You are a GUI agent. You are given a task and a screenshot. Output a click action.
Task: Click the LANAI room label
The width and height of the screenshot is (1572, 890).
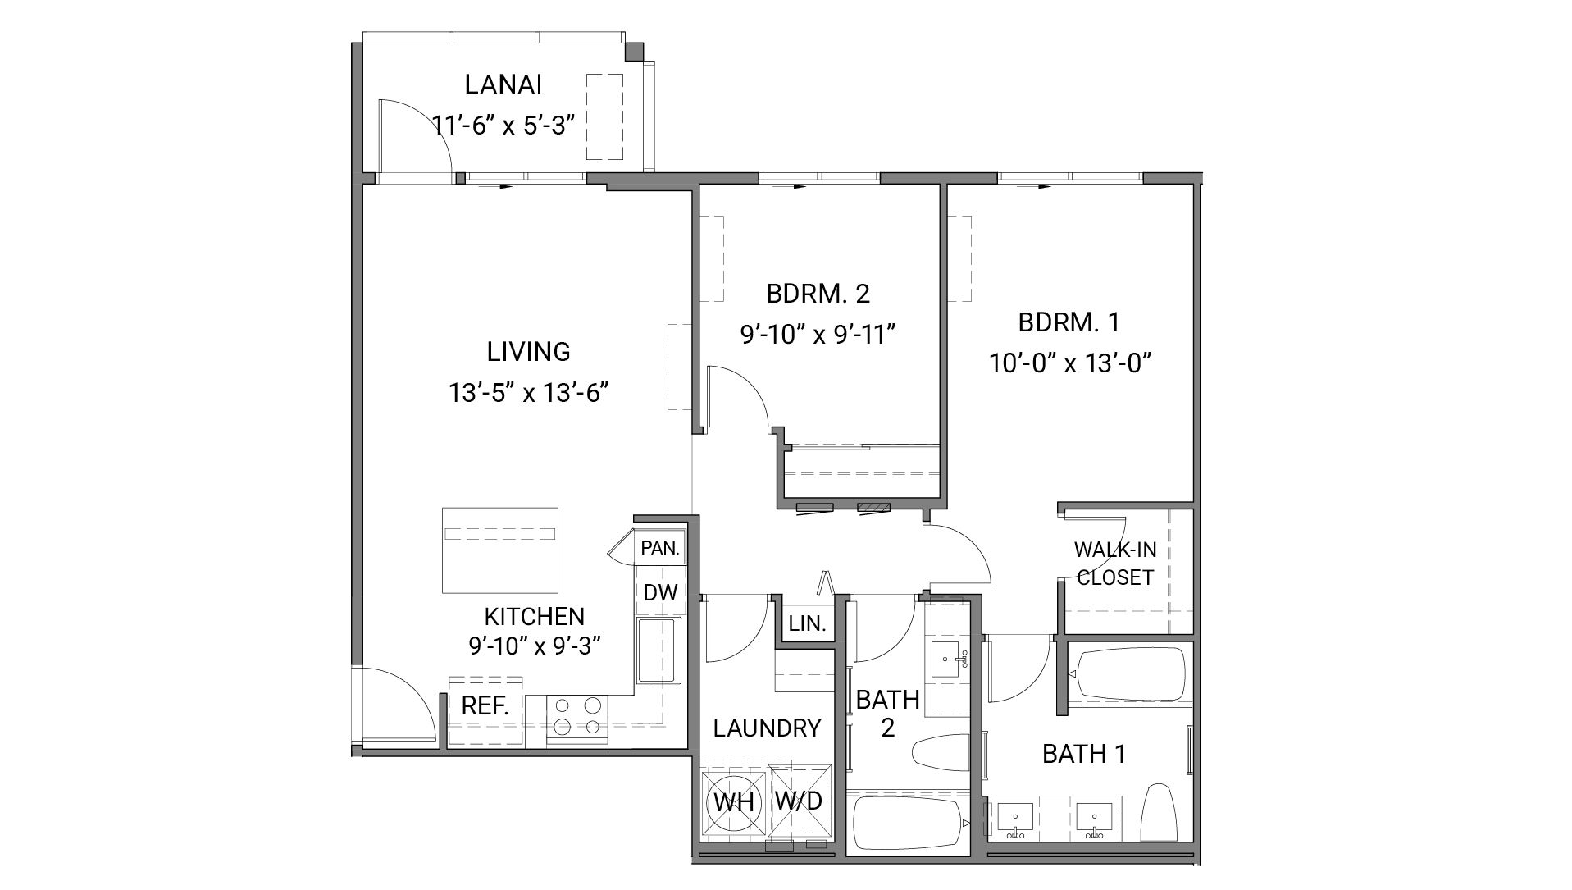(x=503, y=84)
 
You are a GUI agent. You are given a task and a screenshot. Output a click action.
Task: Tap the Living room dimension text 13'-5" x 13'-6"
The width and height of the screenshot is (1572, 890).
(x=528, y=393)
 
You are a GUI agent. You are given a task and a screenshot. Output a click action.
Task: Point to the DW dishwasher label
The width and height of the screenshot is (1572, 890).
(x=659, y=592)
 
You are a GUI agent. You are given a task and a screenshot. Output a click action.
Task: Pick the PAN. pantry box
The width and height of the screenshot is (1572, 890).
(x=660, y=548)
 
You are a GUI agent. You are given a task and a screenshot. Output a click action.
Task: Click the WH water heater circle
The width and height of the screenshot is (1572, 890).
(x=733, y=801)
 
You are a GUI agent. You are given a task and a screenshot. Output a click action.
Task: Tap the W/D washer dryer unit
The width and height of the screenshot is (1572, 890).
(x=799, y=801)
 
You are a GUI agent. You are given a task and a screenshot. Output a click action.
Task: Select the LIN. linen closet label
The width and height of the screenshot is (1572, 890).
(x=807, y=623)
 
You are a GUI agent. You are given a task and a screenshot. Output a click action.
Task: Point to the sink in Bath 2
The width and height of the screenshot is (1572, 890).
(x=950, y=658)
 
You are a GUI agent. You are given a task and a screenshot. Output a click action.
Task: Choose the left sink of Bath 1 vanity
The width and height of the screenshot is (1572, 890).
(x=1018, y=818)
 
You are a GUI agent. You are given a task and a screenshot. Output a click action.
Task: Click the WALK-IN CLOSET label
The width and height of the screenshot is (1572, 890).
(x=1114, y=564)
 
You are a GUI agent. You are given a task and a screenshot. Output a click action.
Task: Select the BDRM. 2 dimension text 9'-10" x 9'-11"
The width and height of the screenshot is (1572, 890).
(x=817, y=335)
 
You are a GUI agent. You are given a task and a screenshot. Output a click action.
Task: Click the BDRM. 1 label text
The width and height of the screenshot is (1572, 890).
(x=1069, y=322)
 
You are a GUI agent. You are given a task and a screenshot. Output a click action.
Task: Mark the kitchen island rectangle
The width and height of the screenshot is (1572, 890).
(x=499, y=550)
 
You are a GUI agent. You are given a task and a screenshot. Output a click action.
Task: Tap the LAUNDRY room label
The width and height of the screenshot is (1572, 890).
(x=767, y=728)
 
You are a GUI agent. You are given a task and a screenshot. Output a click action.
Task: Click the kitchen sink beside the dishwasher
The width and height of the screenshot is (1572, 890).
(x=659, y=650)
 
